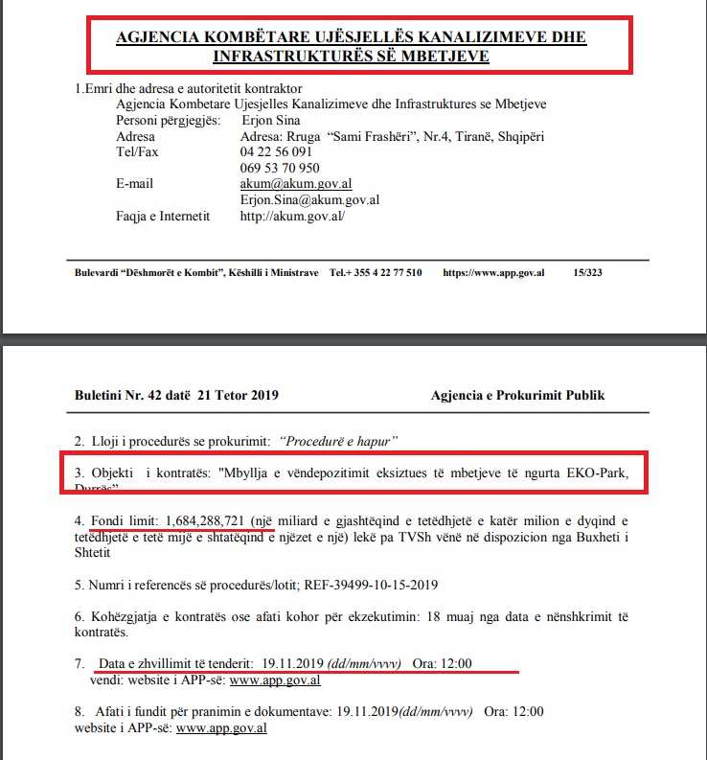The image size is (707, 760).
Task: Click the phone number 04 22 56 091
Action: [x=277, y=152]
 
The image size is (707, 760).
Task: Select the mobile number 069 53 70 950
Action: [x=280, y=168]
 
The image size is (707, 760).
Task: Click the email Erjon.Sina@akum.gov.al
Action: [x=310, y=200]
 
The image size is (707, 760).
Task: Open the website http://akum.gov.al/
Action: [x=292, y=217]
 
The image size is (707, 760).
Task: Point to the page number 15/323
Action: [x=585, y=272]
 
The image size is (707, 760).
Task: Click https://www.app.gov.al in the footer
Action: [x=493, y=272]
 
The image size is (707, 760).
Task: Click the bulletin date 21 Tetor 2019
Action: [x=238, y=395]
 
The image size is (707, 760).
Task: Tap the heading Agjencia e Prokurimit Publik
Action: [x=517, y=395]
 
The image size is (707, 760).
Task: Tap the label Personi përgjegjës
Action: [x=168, y=121]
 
